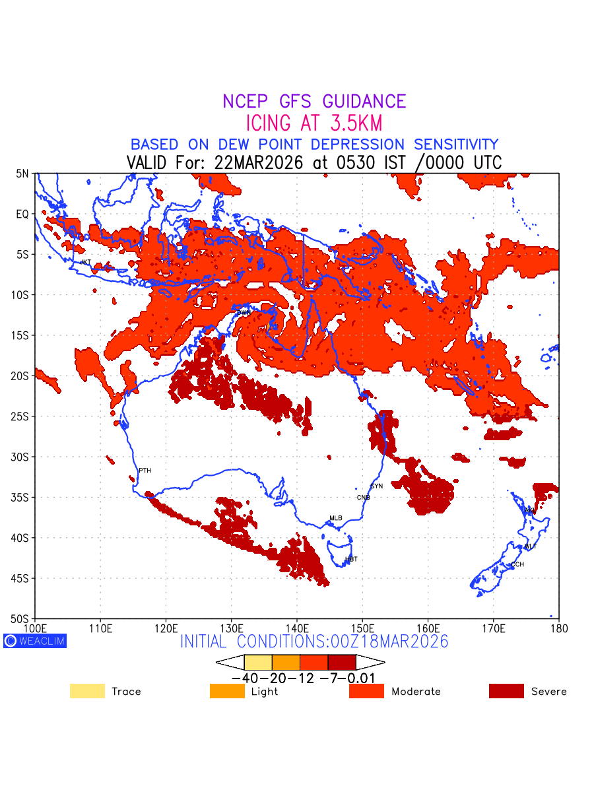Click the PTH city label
(x=145, y=471)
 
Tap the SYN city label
(x=377, y=486)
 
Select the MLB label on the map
(x=336, y=518)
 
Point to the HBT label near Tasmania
(x=351, y=559)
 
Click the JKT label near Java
(x=85, y=262)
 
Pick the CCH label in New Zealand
(x=517, y=564)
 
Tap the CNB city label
(x=363, y=497)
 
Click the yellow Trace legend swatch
(x=87, y=691)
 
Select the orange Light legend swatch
(x=226, y=691)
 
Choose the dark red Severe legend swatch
(x=506, y=691)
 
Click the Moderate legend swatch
(x=366, y=691)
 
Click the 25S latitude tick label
(x=22, y=416)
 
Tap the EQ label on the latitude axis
(x=23, y=214)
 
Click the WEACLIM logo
(x=35, y=640)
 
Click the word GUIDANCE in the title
(x=364, y=102)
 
